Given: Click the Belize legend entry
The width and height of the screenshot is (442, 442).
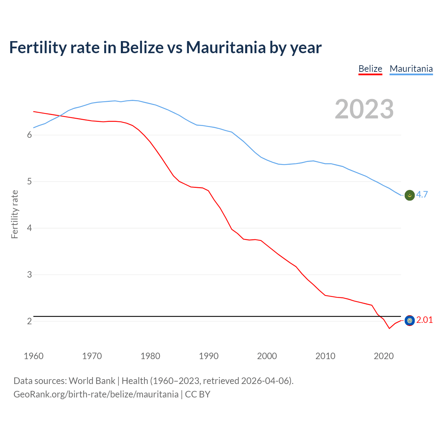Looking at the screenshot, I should (x=370, y=69).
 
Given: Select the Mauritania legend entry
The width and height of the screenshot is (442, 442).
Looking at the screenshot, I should (x=411, y=69).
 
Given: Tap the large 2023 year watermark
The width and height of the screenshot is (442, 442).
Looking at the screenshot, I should (x=364, y=109).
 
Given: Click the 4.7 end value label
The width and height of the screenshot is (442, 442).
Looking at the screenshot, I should (x=422, y=194).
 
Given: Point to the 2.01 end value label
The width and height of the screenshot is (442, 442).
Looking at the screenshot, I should (x=424, y=320).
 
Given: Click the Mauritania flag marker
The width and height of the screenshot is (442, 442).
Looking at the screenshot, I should (x=410, y=195).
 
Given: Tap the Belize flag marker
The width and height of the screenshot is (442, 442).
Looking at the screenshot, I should (x=410, y=321).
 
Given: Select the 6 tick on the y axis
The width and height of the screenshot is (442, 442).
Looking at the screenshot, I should (x=29, y=135).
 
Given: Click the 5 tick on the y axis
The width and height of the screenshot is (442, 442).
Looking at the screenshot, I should (x=29, y=182).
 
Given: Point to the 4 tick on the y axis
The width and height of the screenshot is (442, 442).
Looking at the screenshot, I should (x=29, y=228).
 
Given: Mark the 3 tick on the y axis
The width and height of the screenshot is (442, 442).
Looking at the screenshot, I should (x=29, y=275).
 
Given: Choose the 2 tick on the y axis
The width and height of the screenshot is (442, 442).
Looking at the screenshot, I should (x=29, y=321).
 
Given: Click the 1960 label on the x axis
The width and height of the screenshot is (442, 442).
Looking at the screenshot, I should (x=33, y=356).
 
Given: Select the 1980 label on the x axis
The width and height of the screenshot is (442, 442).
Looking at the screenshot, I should (x=150, y=356).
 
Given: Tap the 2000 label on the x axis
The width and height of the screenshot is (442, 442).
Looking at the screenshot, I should (x=267, y=356).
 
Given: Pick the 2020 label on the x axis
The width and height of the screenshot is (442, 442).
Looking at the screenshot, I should (x=384, y=356).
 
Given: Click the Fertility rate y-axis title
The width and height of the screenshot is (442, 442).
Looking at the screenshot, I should (x=15, y=214).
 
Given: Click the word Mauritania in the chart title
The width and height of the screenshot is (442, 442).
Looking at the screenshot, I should (x=226, y=47).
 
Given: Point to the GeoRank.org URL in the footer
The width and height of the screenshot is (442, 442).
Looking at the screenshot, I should (x=96, y=394).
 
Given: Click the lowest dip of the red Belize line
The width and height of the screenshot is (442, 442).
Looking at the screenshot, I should (x=389, y=328).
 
